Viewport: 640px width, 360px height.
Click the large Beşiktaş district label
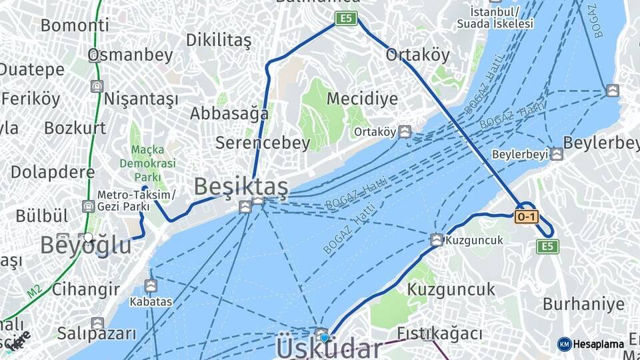click(241, 187)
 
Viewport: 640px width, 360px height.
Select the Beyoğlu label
click(85, 245)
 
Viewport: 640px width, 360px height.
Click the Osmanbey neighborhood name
click(131, 55)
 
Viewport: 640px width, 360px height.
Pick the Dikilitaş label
click(219, 40)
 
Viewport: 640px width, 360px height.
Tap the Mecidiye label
click(362, 99)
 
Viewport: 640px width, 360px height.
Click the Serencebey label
click(263, 143)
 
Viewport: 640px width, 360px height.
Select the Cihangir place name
click(86, 289)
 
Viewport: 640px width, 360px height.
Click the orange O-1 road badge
click(526, 217)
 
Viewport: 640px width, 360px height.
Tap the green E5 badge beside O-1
click(547, 247)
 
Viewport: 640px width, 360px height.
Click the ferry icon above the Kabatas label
click(151, 286)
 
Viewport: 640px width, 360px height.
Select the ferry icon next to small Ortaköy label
click(405, 132)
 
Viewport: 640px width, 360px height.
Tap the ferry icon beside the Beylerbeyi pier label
click(556, 154)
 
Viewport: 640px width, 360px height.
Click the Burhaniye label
click(583, 305)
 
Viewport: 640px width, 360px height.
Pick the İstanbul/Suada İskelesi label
click(494, 18)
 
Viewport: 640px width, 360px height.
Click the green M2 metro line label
click(34, 291)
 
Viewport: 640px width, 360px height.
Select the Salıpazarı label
click(96, 333)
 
